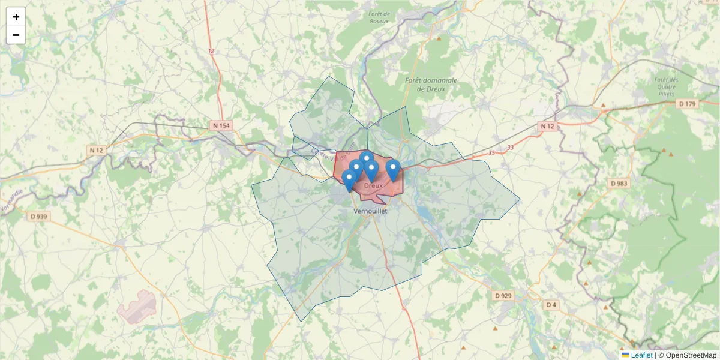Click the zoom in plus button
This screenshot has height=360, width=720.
click(x=16, y=17)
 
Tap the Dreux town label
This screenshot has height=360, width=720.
click(x=373, y=185)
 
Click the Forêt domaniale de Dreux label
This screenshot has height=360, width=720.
click(x=431, y=85)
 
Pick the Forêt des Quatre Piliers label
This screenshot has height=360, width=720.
click(x=666, y=86)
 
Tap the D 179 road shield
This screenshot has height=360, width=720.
click(x=688, y=104)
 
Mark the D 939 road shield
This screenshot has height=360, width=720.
click(x=37, y=216)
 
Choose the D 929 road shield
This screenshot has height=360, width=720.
click(x=503, y=296)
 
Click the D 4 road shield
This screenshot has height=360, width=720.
click(x=551, y=305)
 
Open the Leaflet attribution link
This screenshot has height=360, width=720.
click(x=641, y=355)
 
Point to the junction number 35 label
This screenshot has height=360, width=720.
click(x=491, y=153)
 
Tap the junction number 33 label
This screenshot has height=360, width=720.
click(x=510, y=148)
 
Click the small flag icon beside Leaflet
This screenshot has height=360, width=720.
click(x=625, y=355)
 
